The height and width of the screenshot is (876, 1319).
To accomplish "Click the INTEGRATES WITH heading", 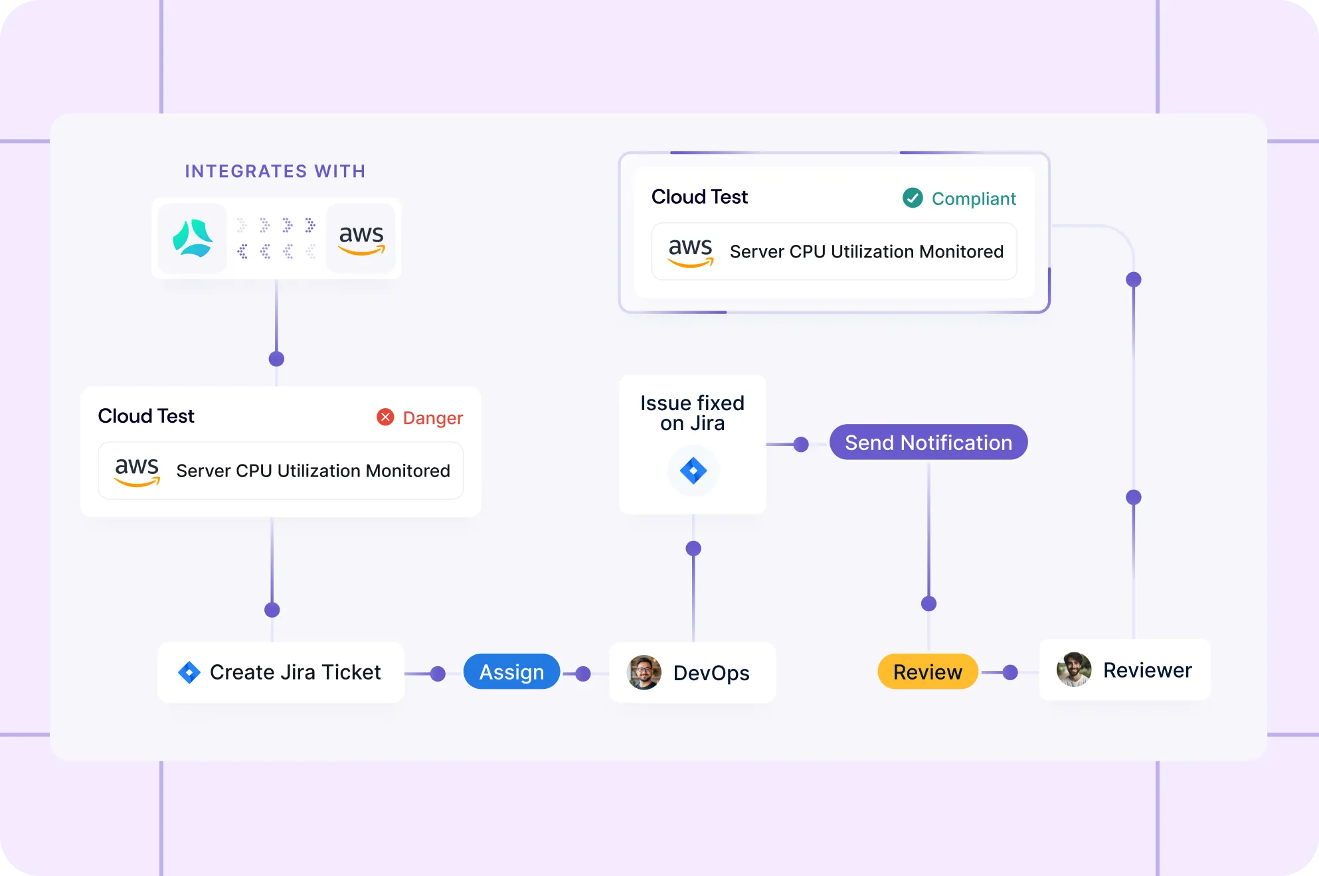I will point(275,171).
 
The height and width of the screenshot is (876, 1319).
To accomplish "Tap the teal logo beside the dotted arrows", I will point(193,238).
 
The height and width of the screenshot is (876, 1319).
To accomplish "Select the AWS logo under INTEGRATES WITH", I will point(361,238).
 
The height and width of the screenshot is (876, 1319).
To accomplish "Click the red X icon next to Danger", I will point(385,417).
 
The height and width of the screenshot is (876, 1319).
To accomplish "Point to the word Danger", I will point(433,418).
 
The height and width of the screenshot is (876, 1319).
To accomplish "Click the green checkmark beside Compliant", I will point(913,198).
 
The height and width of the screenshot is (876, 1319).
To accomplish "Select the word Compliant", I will point(974,198).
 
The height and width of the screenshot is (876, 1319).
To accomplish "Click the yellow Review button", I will point(927,672).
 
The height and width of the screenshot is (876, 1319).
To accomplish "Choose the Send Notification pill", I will point(928,443).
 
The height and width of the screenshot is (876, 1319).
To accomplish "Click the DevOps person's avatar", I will point(644,672).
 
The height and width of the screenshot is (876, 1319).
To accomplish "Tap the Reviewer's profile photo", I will point(1074,670).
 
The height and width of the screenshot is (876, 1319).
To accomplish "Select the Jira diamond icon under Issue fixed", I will point(693,471).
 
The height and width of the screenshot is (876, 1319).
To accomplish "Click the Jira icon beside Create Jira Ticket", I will point(189,672).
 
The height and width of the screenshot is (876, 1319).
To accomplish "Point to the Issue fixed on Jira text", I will point(692,413).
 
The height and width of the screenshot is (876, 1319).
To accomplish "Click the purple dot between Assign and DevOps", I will point(583,674).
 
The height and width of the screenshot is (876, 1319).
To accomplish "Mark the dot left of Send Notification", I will point(801,444).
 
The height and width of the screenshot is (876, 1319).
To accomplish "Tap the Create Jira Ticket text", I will point(296,672).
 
